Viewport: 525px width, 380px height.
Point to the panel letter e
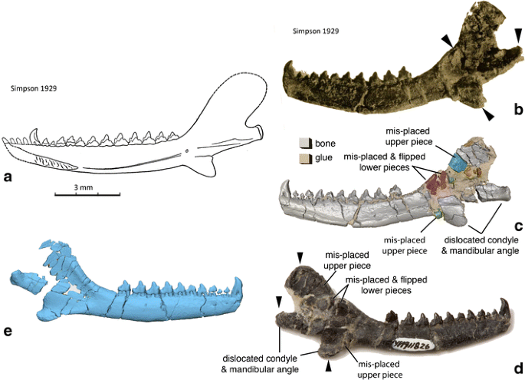pos(8,331)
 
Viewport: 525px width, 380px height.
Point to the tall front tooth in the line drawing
pos(34,135)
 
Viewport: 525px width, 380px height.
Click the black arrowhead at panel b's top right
pos(519,35)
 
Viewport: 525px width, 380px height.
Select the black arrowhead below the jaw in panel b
pos(488,114)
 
